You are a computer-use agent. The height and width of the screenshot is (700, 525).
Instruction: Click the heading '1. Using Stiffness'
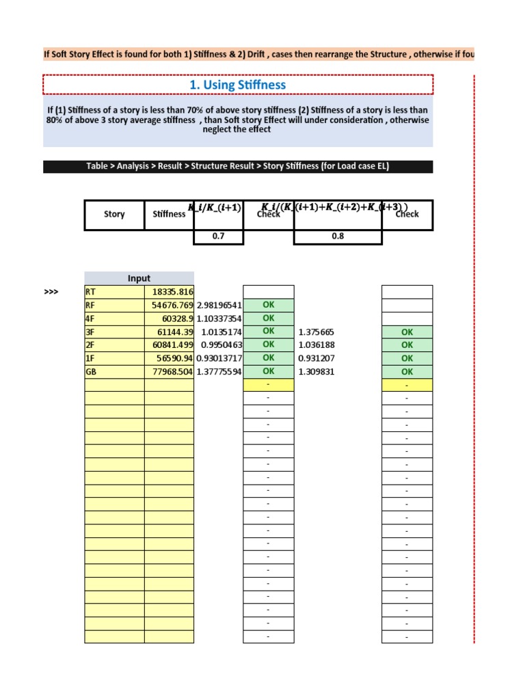237,85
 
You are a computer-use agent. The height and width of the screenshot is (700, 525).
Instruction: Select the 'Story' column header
114,214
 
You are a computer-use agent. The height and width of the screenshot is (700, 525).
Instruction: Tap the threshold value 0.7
218,237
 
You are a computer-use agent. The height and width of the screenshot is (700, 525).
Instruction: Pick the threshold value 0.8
337,237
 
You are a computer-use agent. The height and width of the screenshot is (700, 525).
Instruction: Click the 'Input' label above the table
139,278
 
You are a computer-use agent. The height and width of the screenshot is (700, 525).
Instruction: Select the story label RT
90,292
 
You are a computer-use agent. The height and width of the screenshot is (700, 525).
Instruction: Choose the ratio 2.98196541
219,305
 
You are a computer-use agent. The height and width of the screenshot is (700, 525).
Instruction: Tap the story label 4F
90,318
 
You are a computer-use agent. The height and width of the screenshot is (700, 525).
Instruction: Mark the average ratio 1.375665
317,332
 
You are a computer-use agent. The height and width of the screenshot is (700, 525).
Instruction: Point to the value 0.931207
317,358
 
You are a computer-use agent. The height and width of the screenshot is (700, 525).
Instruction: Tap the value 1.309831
317,371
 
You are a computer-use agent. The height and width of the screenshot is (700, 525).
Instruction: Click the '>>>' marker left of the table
51,292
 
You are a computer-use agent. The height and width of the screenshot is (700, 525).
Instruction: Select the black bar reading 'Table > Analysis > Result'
238,166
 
